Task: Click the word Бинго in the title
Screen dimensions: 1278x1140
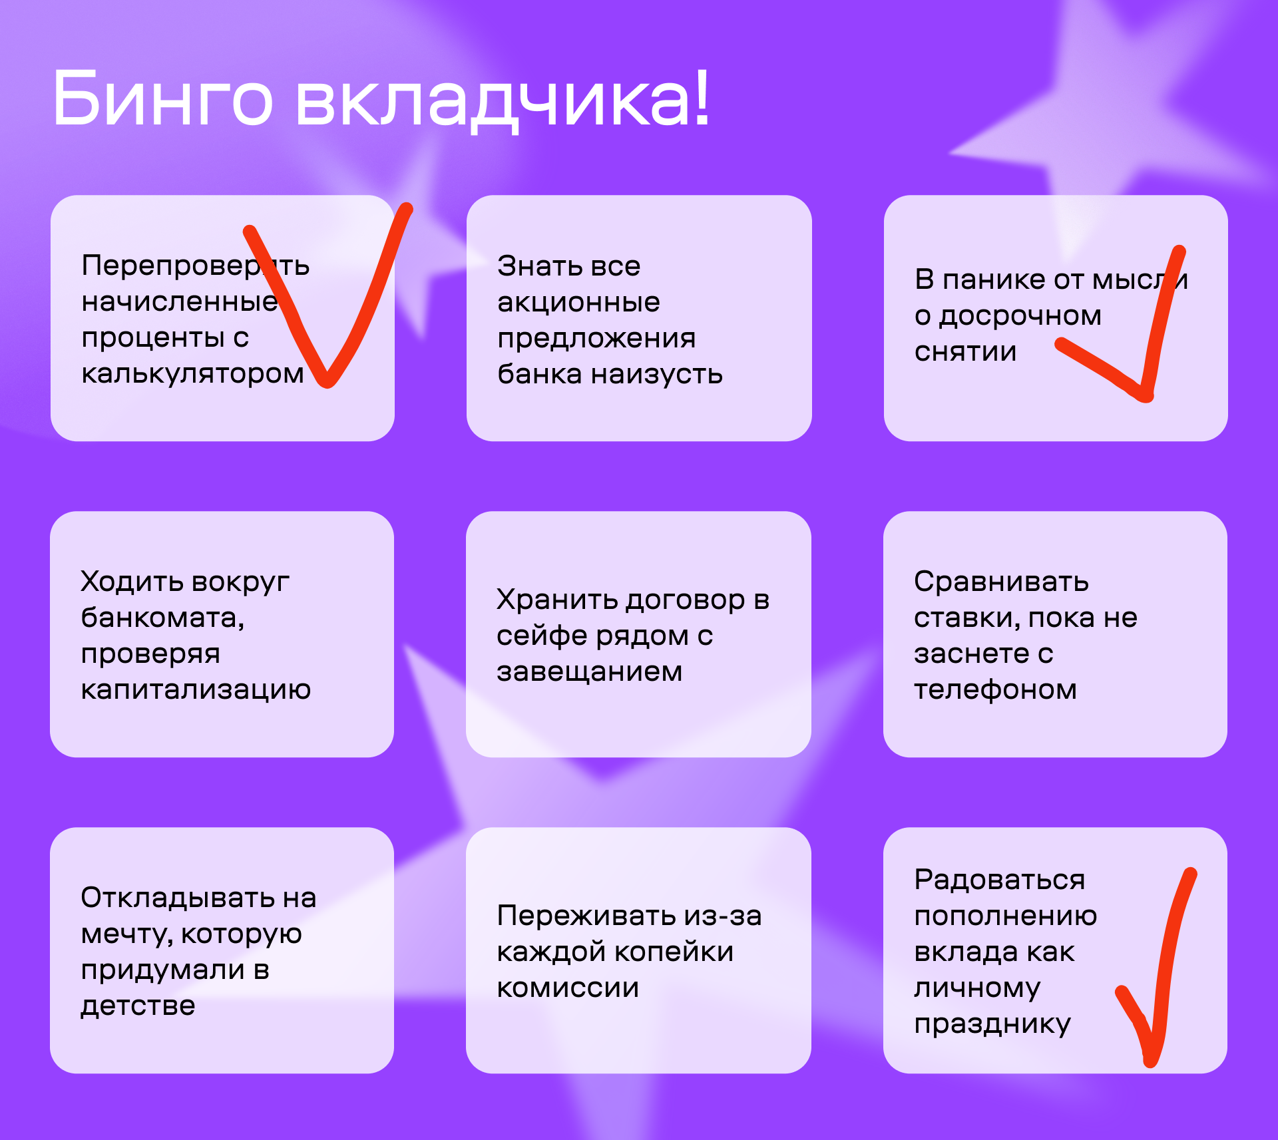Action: (x=163, y=98)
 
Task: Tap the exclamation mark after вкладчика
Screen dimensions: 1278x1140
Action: (x=700, y=97)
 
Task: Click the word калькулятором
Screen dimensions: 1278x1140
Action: (x=192, y=375)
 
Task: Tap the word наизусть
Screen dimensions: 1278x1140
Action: (x=657, y=375)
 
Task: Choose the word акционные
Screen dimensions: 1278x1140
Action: (x=578, y=303)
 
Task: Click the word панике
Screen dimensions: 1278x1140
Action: (x=992, y=280)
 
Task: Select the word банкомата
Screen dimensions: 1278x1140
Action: (x=162, y=618)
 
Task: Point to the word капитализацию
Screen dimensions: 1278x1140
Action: (x=196, y=690)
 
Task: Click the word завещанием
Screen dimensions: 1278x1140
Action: (x=589, y=672)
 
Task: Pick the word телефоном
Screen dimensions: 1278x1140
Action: (x=995, y=690)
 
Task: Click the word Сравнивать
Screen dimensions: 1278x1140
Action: (x=1001, y=582)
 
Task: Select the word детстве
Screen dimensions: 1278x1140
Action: (x=138, y=1006)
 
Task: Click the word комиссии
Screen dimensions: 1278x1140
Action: (x=568, y=988)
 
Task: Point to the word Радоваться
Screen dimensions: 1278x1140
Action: (x=999, y=880)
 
